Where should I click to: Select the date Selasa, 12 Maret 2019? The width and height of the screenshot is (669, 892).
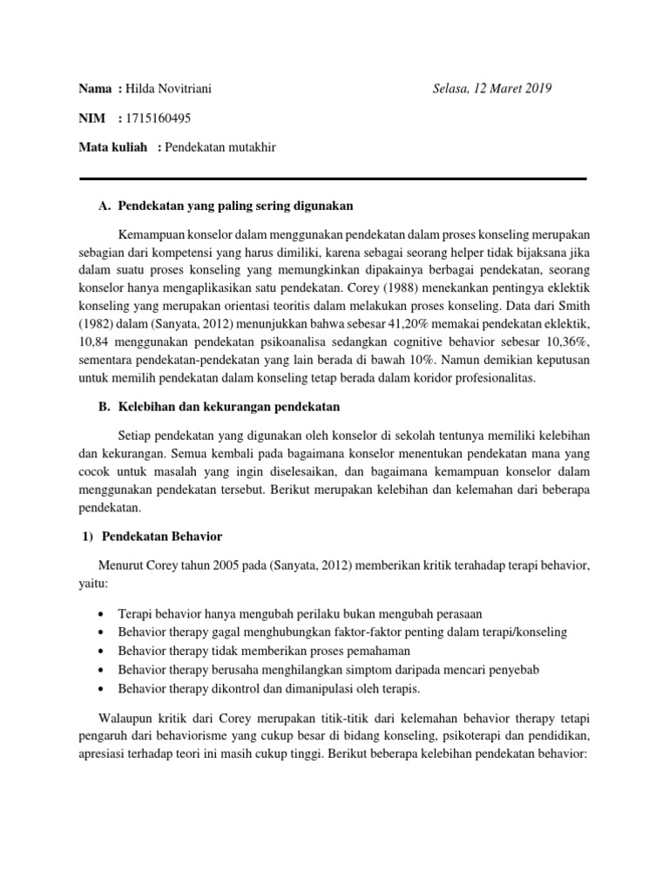click(x=492, y=89)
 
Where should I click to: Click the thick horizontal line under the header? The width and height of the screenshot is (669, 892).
click(x=333, y=179)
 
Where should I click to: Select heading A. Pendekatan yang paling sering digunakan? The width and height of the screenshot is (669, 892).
click(x=226, y=206)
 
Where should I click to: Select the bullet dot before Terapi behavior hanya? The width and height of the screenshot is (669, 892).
click(x=105, y=613)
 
